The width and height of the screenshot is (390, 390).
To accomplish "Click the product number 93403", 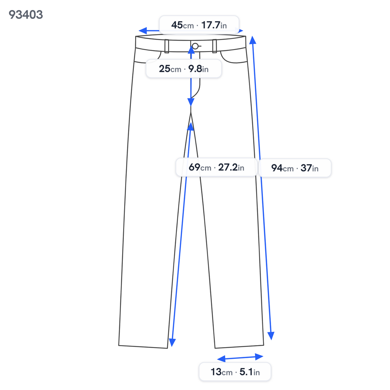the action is tap(26, 15).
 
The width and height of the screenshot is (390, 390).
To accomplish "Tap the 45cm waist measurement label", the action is tap(199, 25).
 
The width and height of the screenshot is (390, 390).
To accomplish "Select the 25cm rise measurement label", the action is tap(184, 69).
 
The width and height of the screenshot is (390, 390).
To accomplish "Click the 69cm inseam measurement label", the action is tap(216, 167).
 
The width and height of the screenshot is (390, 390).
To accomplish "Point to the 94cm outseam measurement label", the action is tap(295, 168).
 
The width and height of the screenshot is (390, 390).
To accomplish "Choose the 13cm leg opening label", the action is tap(235, 372).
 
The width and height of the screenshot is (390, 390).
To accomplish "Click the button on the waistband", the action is tap(195, 46).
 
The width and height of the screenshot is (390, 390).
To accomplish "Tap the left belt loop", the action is tap(167, 46).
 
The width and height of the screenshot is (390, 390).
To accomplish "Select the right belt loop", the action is tap(214, 46).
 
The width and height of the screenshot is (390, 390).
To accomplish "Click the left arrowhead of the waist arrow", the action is tap(142, 31).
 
